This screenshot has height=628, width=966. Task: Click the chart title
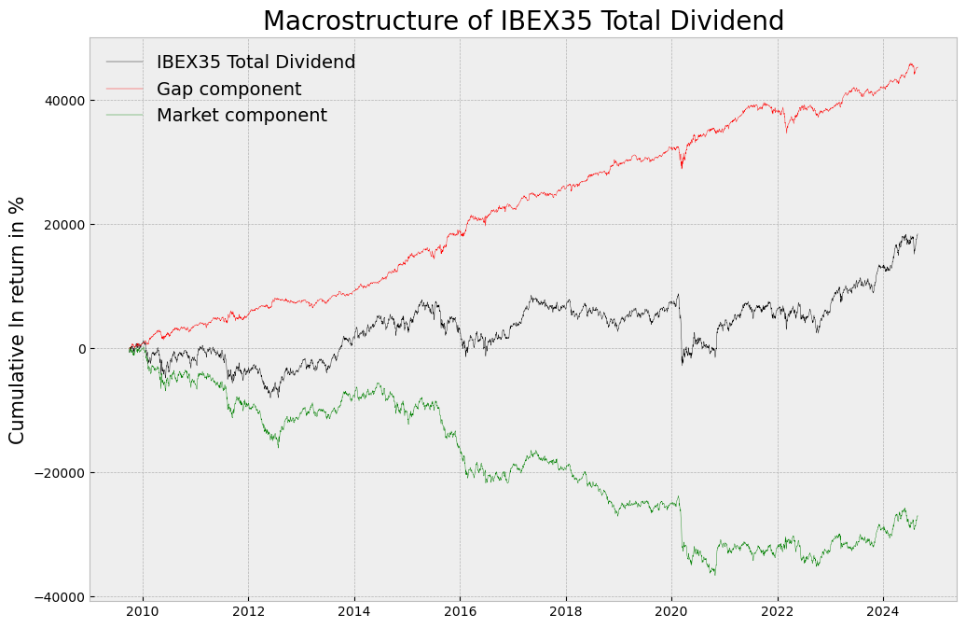click(523, 21)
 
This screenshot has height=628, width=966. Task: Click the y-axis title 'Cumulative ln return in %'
click(17, 320)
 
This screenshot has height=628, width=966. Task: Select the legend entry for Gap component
click(228, 90)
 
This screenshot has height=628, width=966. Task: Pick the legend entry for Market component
click(241, 116)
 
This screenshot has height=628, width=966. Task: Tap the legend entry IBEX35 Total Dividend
click(255, 63)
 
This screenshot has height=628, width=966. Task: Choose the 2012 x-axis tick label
click(248, 611)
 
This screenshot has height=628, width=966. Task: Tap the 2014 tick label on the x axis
click(354, 611)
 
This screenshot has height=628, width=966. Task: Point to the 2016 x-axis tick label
click(460, 611)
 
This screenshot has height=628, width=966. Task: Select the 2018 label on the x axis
click(566, 611)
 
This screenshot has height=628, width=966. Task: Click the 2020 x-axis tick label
click(671, 611)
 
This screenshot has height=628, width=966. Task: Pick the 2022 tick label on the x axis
click(778, 611)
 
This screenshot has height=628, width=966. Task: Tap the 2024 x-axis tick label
click(883, 611)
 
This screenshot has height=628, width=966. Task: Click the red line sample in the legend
click(125, 90)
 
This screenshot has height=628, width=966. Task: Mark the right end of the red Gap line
click(917, 68)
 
